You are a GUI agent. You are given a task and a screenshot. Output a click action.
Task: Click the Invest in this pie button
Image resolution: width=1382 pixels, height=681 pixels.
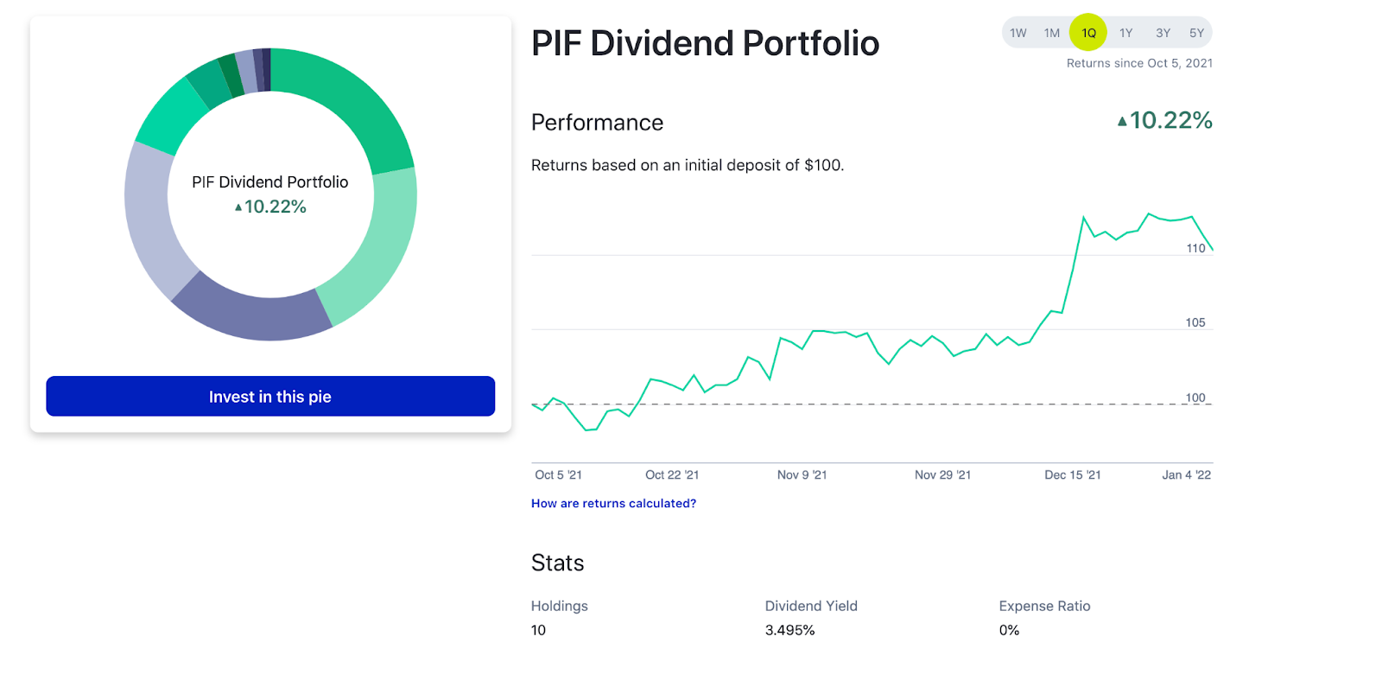pos(270,397)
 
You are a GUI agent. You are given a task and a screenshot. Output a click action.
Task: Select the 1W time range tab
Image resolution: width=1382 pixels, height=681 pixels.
pos(1018,33)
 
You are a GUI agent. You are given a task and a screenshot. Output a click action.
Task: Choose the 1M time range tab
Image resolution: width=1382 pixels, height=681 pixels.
pos(1051,33)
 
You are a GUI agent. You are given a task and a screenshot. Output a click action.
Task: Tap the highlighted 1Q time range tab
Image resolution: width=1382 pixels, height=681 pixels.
pos(1088,33)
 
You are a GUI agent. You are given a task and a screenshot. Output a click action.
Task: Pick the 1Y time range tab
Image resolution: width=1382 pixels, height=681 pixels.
pos(1125,33)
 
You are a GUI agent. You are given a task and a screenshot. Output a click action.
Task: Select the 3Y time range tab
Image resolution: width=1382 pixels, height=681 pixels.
pos(1163,33)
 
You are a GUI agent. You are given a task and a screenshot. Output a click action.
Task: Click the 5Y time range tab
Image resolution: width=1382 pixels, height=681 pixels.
pos(1196,33)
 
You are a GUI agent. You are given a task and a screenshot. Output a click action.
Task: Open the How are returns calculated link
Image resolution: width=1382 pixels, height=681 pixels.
pos(613,503)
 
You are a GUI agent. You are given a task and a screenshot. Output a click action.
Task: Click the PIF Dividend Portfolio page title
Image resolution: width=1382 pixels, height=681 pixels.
pos(705,43)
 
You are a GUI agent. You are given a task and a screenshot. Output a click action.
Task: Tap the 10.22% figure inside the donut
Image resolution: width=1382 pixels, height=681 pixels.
pos(275,207)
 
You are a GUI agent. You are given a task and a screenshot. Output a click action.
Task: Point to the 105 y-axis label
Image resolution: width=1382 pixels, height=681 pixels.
pos(1195,322)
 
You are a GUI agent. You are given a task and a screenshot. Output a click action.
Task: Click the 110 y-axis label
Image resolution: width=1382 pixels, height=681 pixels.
pos(1195,248)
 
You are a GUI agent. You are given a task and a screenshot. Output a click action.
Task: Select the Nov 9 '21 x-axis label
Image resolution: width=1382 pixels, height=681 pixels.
pos(802,474)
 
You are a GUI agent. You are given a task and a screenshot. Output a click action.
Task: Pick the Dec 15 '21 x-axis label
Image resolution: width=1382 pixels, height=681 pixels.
pos(1072,474)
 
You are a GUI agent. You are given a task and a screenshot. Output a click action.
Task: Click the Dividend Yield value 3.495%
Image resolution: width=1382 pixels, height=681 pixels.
pos(789,630)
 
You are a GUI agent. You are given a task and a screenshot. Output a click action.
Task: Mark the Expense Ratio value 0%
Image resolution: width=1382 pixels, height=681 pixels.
pos(1009,630)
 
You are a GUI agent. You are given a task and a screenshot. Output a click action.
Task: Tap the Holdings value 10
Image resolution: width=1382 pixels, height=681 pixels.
pos(538,630)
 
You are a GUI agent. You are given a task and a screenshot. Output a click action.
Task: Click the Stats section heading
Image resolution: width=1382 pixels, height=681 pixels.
pos(557,563)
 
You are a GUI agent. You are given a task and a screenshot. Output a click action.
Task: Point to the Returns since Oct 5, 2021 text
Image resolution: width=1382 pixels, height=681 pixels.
pos(1139,63)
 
